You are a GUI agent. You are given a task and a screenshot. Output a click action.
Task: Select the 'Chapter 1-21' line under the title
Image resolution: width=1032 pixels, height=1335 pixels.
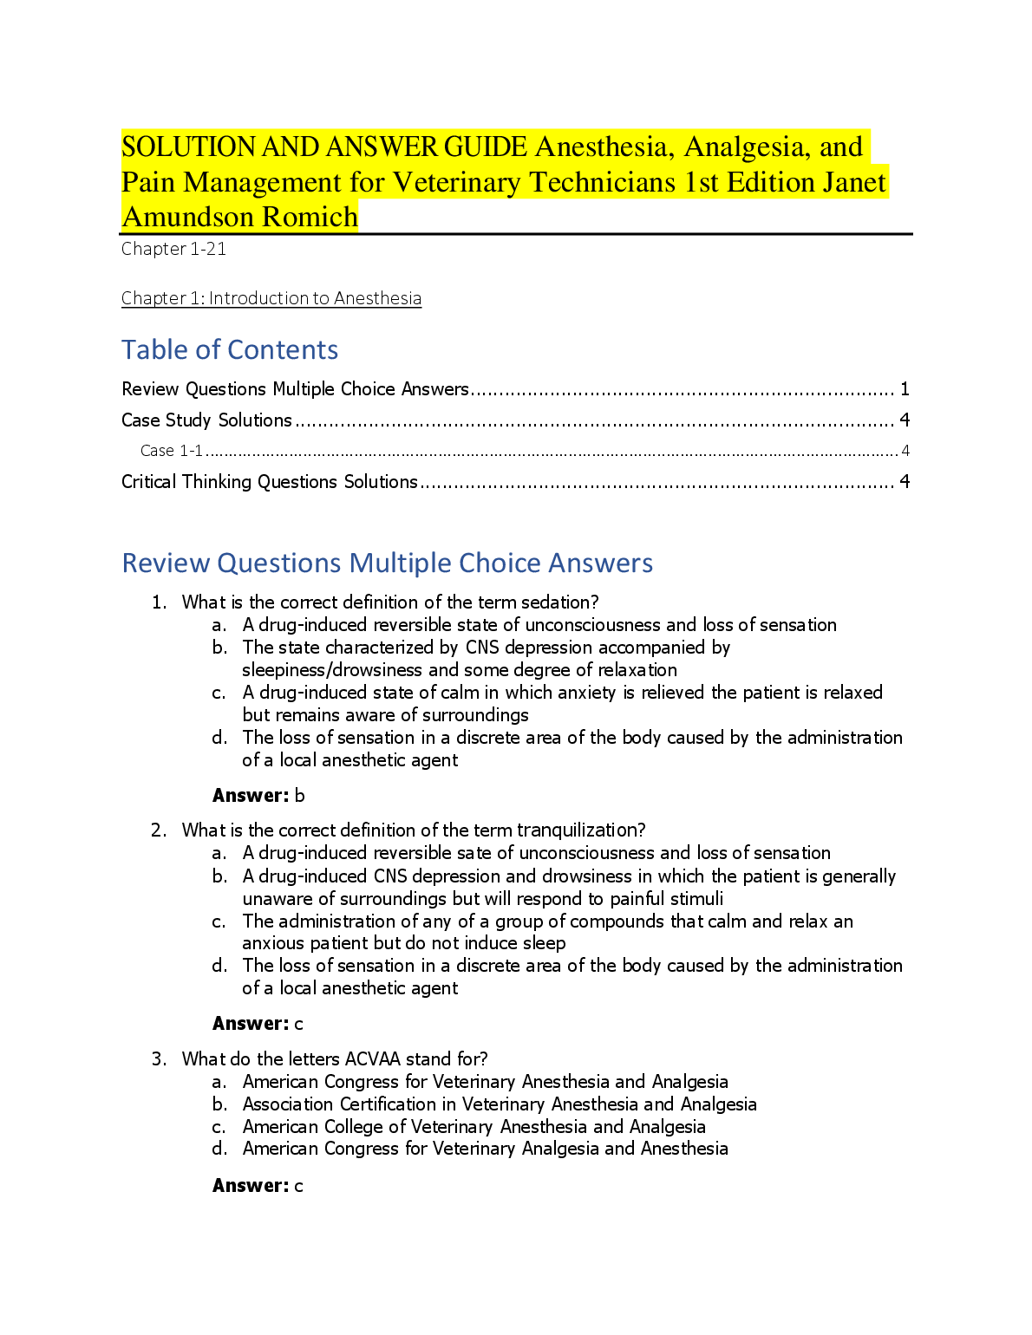point(173,249)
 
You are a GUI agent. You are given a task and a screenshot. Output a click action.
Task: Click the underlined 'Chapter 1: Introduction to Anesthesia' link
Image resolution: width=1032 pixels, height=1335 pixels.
point(271,298)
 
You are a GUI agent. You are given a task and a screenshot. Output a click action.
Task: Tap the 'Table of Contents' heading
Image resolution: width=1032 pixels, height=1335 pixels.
point(230,349)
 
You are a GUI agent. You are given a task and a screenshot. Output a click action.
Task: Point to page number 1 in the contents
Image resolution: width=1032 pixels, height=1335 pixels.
point(905,389)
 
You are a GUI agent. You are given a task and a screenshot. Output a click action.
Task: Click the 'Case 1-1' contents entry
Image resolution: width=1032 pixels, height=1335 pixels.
point(172,451)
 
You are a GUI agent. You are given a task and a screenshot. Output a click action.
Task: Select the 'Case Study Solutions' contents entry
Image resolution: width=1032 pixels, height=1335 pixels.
point(206,420)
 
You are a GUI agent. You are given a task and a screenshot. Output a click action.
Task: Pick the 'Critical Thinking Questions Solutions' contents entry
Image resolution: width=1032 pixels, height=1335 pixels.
point(269,482)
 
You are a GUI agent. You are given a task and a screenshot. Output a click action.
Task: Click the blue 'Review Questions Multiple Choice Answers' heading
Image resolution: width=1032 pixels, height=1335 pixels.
point(387,563)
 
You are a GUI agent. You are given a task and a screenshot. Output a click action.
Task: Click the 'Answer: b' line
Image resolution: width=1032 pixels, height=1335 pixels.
point(258,796)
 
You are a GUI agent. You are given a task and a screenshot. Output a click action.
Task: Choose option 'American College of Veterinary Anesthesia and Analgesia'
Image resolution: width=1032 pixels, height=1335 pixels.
point(474,1127)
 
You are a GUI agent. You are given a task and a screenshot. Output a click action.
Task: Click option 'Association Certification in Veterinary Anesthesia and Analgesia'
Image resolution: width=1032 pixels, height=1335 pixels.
point(500,1104)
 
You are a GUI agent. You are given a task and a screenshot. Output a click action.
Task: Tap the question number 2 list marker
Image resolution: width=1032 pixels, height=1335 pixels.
point(158,830)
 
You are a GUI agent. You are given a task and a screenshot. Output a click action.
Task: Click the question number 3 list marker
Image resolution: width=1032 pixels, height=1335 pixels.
point(158,1059)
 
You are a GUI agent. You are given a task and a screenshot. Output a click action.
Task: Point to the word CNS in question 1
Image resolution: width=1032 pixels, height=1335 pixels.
point(482,648)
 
